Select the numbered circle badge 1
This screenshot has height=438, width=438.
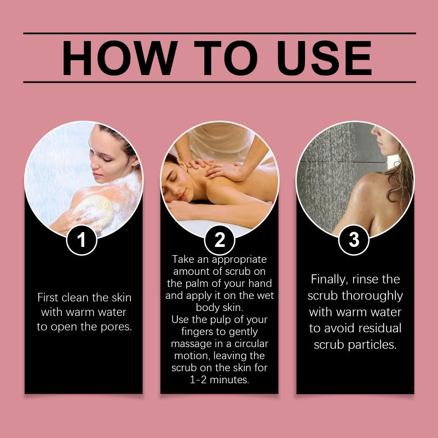click(82, 240)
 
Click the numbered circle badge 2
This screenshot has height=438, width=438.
click(220, 240)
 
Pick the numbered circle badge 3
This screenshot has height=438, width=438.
click(354, 240)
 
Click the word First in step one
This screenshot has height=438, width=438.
click(48, 297)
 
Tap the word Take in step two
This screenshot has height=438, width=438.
click(183, 259)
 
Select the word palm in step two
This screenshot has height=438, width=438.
click(197, 284)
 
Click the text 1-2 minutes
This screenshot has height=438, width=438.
click(220, 379)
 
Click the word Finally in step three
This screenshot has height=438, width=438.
click(328, 280)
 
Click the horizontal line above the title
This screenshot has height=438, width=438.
click(220, 33)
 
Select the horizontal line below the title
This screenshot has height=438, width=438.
click(220, 82)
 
